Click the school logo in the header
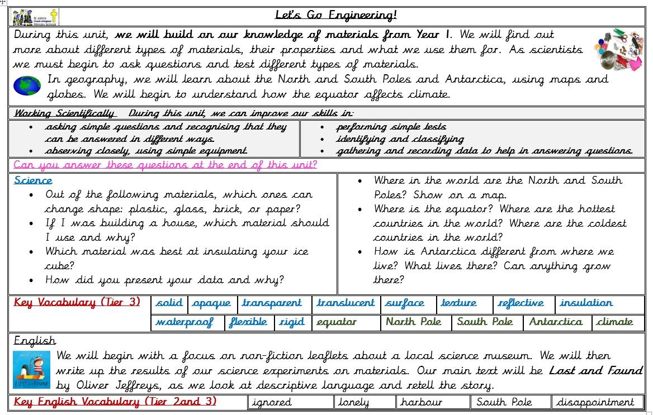(x=35, y=17)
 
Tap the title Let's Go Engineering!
(x=336, y=15)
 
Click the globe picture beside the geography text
(x=27, y=85)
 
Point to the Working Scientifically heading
(x=64, y=113)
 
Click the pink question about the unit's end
(x=165, y=165)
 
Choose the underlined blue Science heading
(x=33, y=180)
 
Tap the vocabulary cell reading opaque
(x=211, y=303)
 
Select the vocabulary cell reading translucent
(x=346, y=303)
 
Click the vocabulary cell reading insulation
(x=586, y=303)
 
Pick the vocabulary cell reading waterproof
(x=184, y=322)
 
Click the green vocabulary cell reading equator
(x=336, y=322)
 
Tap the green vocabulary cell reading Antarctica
(x=555, y=322)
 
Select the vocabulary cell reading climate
(x=614, y=322)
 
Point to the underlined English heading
(x=35, y=341)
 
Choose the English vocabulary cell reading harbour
(x=421, y=402)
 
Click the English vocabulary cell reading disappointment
(x=595, y=402)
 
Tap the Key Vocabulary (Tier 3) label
(x=77, y=303)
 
